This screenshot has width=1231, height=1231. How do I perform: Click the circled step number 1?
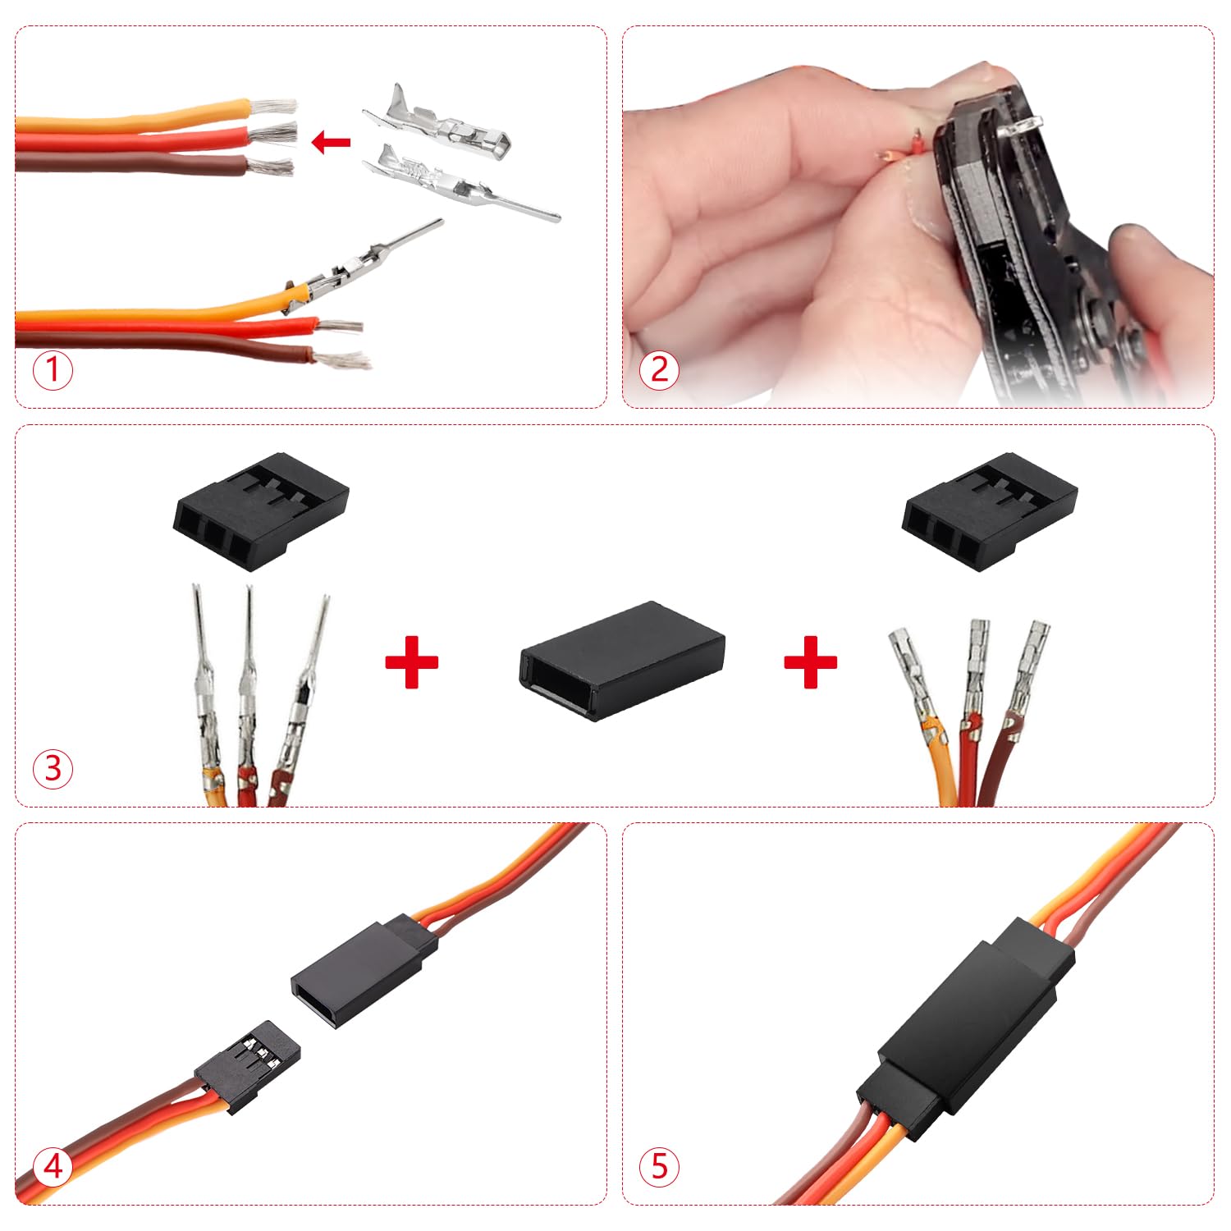53,370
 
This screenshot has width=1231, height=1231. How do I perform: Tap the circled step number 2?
660,370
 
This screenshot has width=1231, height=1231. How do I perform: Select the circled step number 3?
53,769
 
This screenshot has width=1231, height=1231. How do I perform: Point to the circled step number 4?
53,1166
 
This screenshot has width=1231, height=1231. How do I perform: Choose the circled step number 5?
660,1166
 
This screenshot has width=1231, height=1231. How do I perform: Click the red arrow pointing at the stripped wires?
332,143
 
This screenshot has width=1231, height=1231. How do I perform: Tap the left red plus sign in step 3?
411,661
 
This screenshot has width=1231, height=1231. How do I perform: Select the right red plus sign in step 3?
810,661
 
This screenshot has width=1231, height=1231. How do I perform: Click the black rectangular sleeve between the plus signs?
623,661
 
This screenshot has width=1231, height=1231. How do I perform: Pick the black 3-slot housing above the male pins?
261,510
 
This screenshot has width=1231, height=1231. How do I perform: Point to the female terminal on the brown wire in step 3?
1029,673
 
